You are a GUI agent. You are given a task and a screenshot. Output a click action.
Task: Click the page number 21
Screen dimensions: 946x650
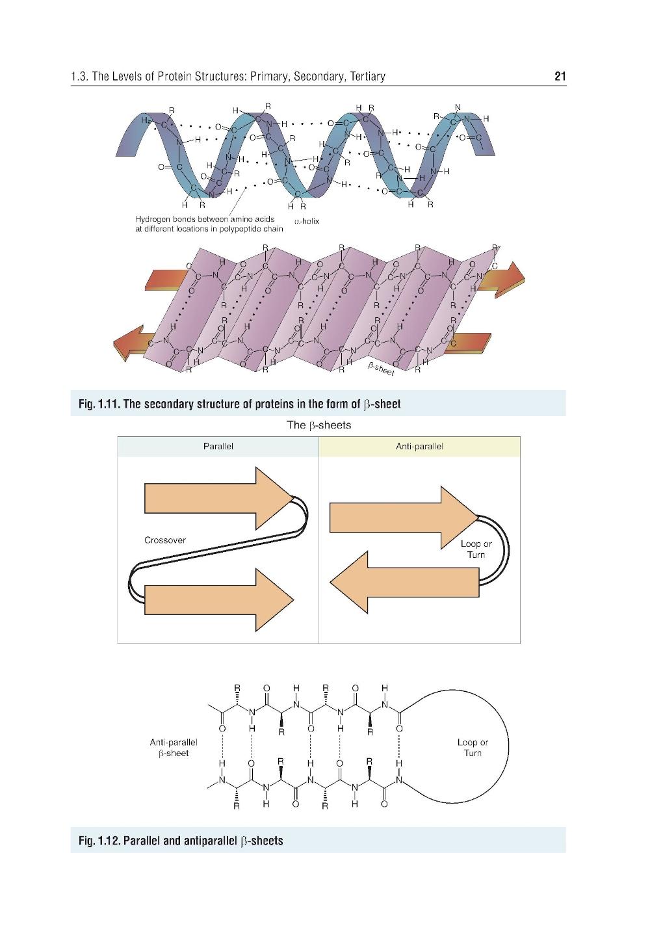tap(560, 77)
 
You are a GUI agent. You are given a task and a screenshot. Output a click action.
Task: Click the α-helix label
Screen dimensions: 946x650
tap(306, 222)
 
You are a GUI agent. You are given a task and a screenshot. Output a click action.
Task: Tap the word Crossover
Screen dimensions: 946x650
tap(164, 540)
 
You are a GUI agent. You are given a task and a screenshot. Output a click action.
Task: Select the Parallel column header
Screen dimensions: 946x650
tap(218, 447)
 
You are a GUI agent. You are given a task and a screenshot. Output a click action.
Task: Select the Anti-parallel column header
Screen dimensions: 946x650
tap(419, 447)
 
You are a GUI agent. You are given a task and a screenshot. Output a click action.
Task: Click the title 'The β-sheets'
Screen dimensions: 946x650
tap(319, 426)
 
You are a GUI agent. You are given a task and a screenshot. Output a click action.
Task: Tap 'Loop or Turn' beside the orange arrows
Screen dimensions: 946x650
tap(476, 549)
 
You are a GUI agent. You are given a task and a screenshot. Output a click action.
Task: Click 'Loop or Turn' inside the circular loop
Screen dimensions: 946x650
tap(473, 747)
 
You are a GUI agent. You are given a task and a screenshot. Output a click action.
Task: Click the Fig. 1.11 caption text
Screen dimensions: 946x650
tap(239, 404)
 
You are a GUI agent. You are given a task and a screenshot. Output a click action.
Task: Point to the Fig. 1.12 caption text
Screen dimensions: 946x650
tap(180, 841)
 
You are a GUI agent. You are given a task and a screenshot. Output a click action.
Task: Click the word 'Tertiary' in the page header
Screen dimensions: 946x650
tap(367, 77)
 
